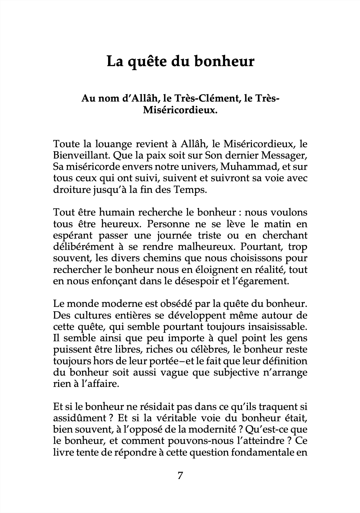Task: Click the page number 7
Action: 180,476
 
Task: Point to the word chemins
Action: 161,258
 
